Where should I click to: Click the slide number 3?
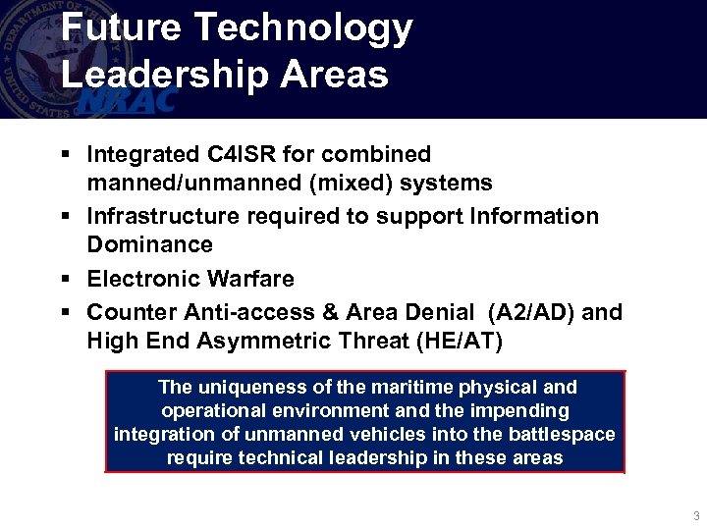(x=696, y=516)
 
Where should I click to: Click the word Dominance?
(x=149, y=244)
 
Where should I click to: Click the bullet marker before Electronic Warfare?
(x=64, y=280)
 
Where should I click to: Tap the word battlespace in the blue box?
(x=560, y=434)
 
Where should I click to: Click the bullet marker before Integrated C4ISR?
(x=64, y=155)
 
